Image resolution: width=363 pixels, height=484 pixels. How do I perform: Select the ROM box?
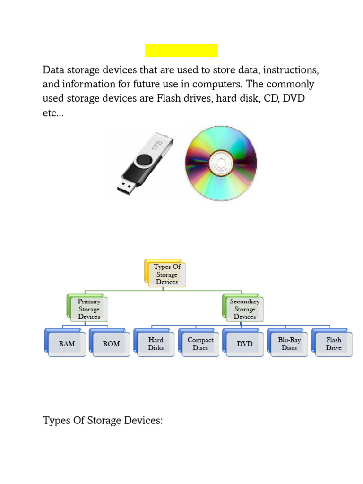click(112, 344)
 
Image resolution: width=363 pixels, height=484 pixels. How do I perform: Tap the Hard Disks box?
click(156, 344)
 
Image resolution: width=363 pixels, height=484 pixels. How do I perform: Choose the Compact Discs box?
click(200, 344)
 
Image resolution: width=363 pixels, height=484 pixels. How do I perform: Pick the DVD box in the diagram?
click(245, 344)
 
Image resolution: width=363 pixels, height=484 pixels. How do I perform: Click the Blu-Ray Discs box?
click(289, 344)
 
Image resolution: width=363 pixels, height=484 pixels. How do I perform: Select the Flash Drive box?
click(334, 344)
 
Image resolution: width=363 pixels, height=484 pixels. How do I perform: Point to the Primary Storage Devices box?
click(89, 309)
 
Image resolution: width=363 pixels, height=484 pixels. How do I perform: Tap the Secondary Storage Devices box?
click(245, 309)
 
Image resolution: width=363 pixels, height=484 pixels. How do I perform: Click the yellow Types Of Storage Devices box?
click(167, 274)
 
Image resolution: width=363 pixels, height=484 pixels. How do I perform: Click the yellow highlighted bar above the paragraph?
click(181, 51)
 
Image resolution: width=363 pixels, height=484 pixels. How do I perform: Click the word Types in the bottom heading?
click(55, 421)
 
